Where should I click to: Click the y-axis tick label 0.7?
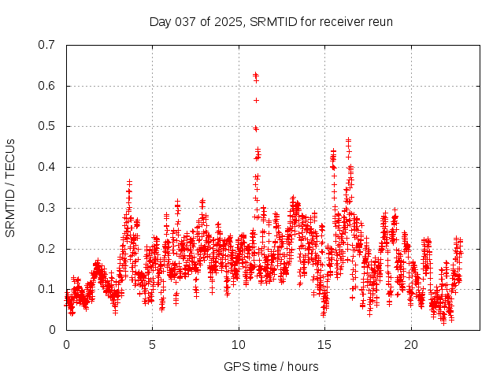[48, 45]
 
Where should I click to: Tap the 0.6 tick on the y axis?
[48, 86]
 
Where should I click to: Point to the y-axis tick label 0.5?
[48, 126]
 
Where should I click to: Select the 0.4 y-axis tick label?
[48, 167]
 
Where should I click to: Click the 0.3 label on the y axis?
[48, 208]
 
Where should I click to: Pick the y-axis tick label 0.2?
[48, 248]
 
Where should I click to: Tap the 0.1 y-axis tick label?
[48, 289]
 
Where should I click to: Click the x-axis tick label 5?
[152, 345]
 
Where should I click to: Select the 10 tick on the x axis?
[238, 345]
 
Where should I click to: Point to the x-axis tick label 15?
[324, 345]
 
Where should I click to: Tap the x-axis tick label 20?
[410, 345]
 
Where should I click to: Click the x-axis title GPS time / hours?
[271, 366]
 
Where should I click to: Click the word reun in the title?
[380, 21]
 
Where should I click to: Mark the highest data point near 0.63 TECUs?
[255, 75]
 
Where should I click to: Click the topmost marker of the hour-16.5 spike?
[348, 140]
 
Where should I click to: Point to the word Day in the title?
[160, 21]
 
